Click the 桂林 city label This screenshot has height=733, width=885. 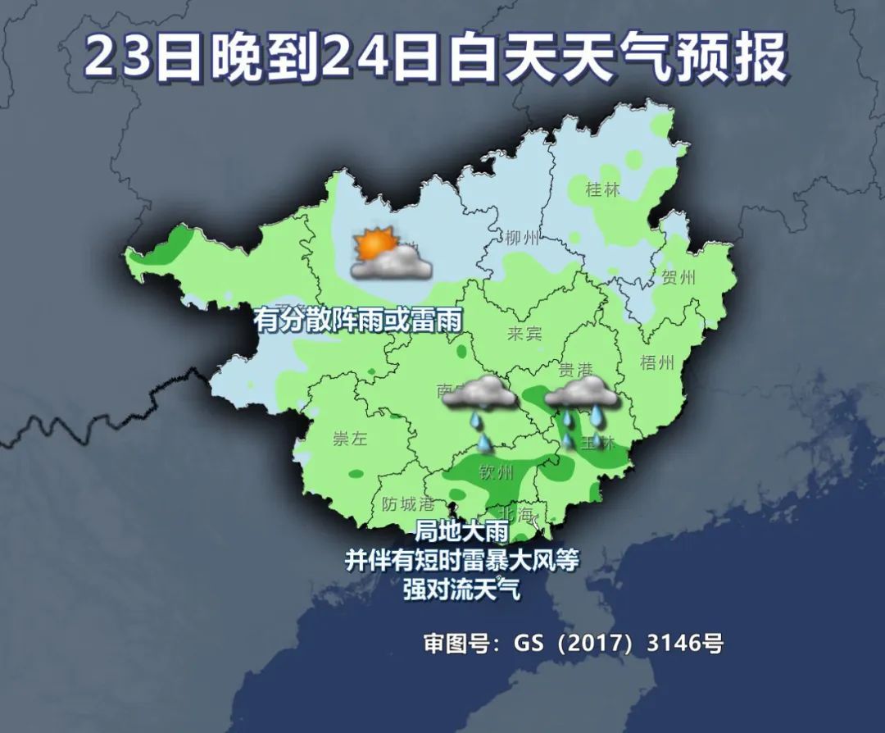(x=602, y=190)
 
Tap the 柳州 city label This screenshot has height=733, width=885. (x=522, y=239)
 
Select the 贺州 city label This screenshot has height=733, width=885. (x=678, y=277)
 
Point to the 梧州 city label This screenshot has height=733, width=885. (x=656, y=362)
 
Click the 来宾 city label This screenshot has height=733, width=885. (x=525, y=334)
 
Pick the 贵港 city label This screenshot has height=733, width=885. (x=575, y=368)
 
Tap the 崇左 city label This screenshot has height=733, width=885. (x=350, y=439)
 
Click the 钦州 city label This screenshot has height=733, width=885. (x=496, y=473)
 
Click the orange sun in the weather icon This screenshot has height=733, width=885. (x=375, y=244)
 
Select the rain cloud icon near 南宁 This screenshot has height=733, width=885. (x=479, y=397)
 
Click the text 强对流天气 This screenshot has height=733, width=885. (x=461, y=589)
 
